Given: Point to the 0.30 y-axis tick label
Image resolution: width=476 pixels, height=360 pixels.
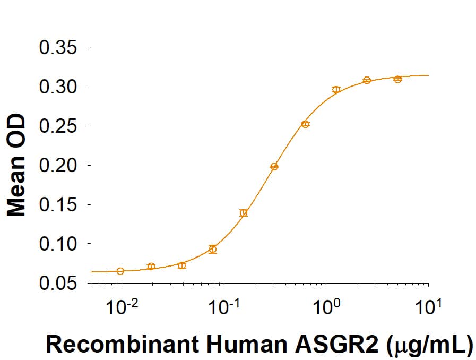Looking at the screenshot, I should [59, 87].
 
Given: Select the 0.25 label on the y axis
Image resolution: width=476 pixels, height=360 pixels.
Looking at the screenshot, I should [59, 126].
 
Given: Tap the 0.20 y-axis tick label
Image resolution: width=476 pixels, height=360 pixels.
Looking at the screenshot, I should [59, 165].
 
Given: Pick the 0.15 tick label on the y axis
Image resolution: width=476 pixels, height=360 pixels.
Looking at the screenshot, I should [59, 204].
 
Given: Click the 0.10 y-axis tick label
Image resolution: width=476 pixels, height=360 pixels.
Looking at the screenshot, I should [59, 244].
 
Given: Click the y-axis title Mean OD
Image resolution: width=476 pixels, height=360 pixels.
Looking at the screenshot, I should [18, 166].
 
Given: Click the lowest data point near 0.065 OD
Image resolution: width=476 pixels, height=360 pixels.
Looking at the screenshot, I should [120, 271].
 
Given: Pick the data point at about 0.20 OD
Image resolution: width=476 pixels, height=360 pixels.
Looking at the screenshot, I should [274, 166].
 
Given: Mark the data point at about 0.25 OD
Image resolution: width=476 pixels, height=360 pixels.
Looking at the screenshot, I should [305, 124].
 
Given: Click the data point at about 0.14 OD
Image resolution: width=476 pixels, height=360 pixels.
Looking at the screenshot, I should [244, 213].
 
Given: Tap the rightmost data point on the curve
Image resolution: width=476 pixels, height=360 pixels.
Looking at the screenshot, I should [397, 79].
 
